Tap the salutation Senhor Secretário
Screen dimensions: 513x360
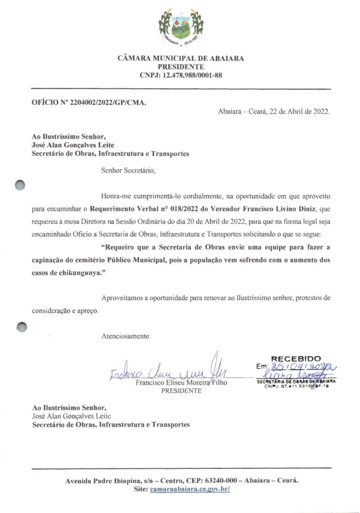(x=128, y=170)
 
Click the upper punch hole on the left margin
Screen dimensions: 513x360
(x=20, y=185)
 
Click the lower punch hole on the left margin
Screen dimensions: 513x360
(x=21, y=327)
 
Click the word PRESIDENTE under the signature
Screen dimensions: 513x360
(x=181, y=391)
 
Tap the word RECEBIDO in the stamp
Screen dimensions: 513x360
(x=295, y=359)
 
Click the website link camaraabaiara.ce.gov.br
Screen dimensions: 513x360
(x=189, y=489)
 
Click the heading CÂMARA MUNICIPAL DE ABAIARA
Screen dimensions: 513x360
(x=181, y=59)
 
